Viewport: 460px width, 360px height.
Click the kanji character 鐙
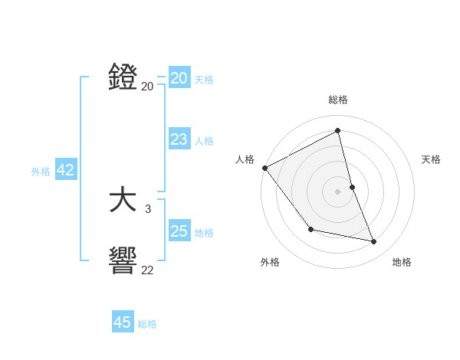[x=123, y=77]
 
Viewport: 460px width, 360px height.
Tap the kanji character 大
[x=123, y=201]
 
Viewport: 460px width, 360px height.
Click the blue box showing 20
[x=179, y=78]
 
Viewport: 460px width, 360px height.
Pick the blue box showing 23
[x=179, y=139]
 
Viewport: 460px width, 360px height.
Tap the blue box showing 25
[x=179, y=231]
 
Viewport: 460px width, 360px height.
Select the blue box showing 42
[x=66, y=170]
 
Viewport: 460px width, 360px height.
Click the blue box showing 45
[x=123, y=322]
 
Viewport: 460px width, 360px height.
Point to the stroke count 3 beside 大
[x=148, y=208]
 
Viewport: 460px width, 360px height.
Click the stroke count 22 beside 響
[x=147, y=270]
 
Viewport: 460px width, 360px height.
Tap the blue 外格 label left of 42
[x=41, y=172]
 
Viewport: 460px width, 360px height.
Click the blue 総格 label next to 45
[x=147, y=324]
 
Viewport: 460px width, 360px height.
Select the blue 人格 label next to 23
[x=204, y=141]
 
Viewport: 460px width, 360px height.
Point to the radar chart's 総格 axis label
[x=337, y=100]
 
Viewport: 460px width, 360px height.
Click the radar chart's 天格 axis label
[x=432, y=159]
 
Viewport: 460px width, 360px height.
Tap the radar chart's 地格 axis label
[x=402, y=262]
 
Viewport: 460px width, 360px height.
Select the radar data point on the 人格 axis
[x=264, y=168]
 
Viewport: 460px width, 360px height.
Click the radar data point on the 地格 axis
[x=374, y=242]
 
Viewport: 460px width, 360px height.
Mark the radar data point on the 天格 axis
[x=352, y=187]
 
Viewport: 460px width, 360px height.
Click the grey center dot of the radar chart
[x=337, y=191]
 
